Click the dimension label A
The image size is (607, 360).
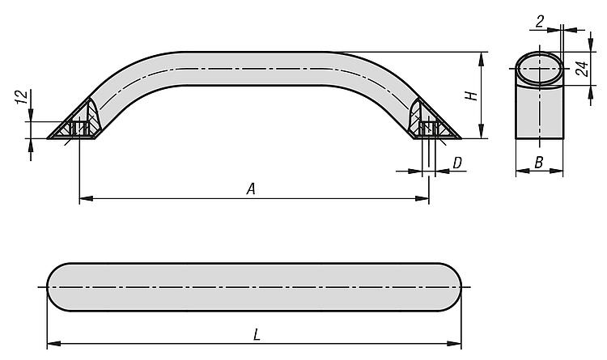(x=251, y=189)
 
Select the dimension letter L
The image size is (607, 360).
(x=257, y=335)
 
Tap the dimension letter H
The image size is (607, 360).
(x=471, y=95)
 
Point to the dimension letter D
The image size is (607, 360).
(x=457, y=163)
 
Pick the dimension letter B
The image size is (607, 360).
(x=539, y=163)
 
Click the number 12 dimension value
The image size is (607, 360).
(x=23, y=97)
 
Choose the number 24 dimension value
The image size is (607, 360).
(x=583, y=69)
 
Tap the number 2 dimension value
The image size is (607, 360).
(x=540, y=22)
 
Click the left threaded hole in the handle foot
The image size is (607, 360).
(x=79, y=128)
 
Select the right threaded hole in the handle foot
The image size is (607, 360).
(x=429, y=128)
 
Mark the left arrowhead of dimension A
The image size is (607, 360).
(x=86, y=198)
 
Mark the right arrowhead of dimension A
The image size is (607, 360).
(x=422, y=198)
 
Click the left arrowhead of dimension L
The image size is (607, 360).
(x=53, y=343)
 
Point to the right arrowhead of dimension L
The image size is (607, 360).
(x=455, y=343)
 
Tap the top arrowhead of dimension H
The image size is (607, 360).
(x=482, y=59)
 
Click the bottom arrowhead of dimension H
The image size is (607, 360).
(x=482, y=131)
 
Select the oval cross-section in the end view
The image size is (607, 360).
(x=539, y=69)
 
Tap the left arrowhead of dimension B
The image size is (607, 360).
(x=523, y=171)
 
